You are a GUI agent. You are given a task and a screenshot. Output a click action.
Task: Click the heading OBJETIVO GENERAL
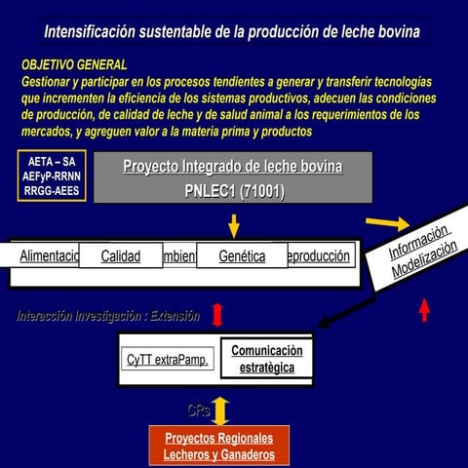pos(74,64)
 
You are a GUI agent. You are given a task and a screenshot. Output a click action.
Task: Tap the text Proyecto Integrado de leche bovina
pos(233,167)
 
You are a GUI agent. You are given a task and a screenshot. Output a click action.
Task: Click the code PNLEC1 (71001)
pos(234,191)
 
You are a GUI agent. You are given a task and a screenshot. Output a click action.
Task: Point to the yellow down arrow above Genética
pos(233,226)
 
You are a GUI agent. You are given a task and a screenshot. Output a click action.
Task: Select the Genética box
pos(242,256)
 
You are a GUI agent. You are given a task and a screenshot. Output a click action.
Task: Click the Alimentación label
pos(49,256)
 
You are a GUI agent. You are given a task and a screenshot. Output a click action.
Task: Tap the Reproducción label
pos(318,256)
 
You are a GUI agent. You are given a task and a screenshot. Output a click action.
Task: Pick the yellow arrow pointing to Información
pos(387,222)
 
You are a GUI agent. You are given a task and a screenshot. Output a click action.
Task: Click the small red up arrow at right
pos(424,309)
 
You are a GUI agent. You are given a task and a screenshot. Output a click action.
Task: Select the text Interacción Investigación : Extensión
pos(108,316)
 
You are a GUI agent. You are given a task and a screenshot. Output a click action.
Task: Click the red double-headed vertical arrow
pos(217,314)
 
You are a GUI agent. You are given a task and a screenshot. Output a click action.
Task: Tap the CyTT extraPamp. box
pos(168,360)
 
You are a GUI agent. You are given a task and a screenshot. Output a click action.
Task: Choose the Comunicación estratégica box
pos(266,359)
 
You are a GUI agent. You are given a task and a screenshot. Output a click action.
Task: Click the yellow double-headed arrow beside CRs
pos(221,409)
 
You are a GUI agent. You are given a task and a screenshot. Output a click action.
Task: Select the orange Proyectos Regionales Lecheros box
pos(219,447)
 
